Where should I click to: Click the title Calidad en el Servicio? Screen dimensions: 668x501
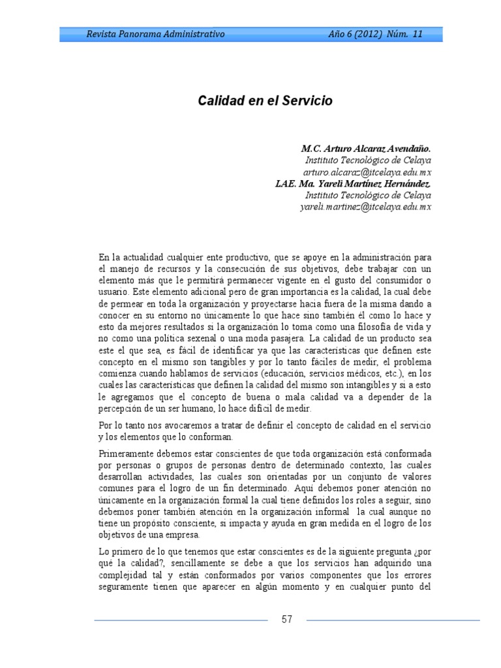(x=265, y=101)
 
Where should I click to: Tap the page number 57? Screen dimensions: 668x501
(x=287, y=619)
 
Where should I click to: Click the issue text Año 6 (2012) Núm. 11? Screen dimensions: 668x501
(x=375, y=34)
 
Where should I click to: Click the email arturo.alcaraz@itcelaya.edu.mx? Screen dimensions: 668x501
(x=369, y=172)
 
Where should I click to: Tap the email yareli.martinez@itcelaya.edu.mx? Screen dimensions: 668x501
(x=365, y=207)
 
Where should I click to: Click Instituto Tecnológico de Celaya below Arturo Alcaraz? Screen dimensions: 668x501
(x=368, y=160)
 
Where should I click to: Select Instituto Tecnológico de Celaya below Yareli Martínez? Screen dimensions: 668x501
(x=368, y=196)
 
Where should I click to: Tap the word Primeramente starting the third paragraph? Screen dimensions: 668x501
(x=126, y=453)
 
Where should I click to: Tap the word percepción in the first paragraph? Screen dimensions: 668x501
(x=121, y=410)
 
